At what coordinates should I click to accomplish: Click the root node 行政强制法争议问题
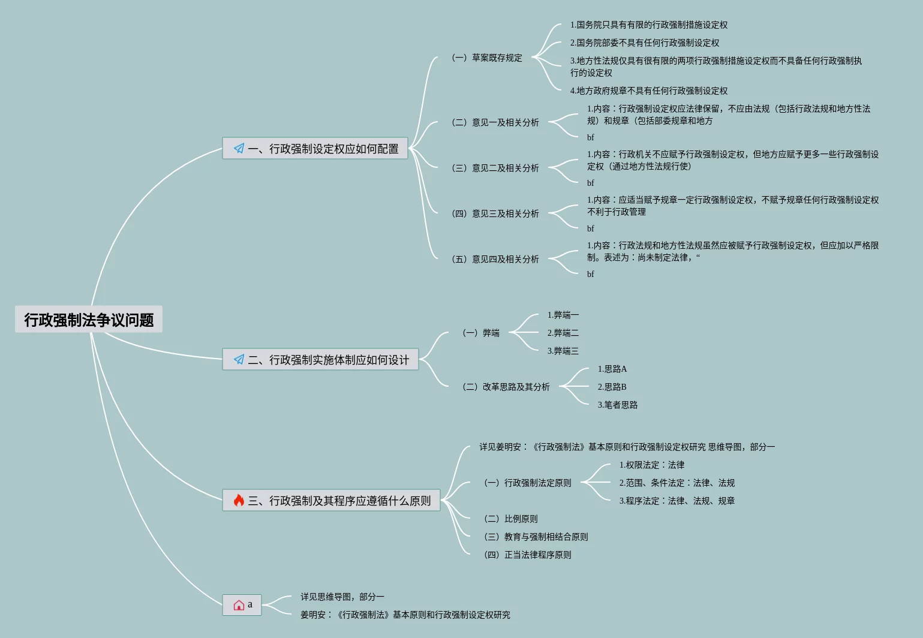[x=89, y=320]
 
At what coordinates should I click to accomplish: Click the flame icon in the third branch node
[x=239, y=501]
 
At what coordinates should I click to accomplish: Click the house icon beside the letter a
[x=239, y=605]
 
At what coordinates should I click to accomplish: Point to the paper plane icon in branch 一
[x=239, y=149]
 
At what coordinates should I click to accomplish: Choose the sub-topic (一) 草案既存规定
[x=487, y=58]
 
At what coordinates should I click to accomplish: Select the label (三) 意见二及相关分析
[x=495, y=168]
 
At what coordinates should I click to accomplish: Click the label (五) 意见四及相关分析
[x=495, y=259]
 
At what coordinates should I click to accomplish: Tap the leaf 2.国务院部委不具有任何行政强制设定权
[x=644, y=43]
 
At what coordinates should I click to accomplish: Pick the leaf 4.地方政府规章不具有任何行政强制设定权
[x=648, y=91]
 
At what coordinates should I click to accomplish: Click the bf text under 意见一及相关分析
[x=591, y=137]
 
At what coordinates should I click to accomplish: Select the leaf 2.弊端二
[x=563, y=333]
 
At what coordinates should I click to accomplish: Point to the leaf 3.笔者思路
[x=617, y=405]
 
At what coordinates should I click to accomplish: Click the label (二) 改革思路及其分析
[x=506, y=387]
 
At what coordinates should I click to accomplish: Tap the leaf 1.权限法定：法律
[x=651, y=465]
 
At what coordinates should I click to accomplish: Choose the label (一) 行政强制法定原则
[x=528, y=483]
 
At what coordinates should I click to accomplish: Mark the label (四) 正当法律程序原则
[x=528, y=555]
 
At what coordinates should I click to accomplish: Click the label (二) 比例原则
[x=511, y=519]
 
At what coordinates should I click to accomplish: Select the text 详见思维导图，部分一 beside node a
[x=342, y=597]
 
